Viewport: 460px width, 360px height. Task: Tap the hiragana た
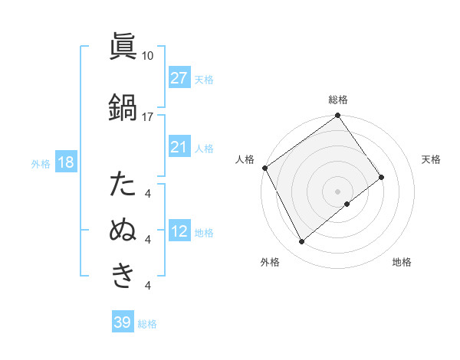pyautogui.click(x=123, y=185)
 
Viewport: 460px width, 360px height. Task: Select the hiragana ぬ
pyautogui.click(x=123, y=231)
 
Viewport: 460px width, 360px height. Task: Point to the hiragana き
pyautogui.click(x=123, y=275)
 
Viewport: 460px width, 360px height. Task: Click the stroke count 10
pyautogui.click(x=148, y=55)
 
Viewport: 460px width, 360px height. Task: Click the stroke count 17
pyautogui.click(x=148, y=116)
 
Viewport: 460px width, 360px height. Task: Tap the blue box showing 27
pyautogui.click(x=179, y=78)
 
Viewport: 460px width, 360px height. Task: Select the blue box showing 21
pyautogui.click(x=179, y=147)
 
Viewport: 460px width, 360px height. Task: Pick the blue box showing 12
pyautogui.click(x=179, y=232)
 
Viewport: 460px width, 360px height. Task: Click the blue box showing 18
pyautogui.click(x=65, y=163)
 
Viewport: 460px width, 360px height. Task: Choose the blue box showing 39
pyautogui.click(x=122, y=322)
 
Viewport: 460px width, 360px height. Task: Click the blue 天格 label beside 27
pyautogui.click(x=204, y=79)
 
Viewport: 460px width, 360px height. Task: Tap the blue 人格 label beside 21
pyautogui.click(x=204, y=148)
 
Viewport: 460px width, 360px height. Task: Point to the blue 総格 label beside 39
pyautogui.click(x=147, y=323)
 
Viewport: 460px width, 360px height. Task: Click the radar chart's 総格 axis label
pyautogui.click(x=338, y=100)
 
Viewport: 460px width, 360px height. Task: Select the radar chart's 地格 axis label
pyautogui.click(x=402, y=262)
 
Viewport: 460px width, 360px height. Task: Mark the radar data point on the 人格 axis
pyautogui.click(x=264, y=168)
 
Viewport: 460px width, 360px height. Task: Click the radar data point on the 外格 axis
pyautogui.click(x=301, y=242)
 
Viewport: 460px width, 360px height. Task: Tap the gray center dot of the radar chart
pyautogui.click(x=337, y=191)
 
